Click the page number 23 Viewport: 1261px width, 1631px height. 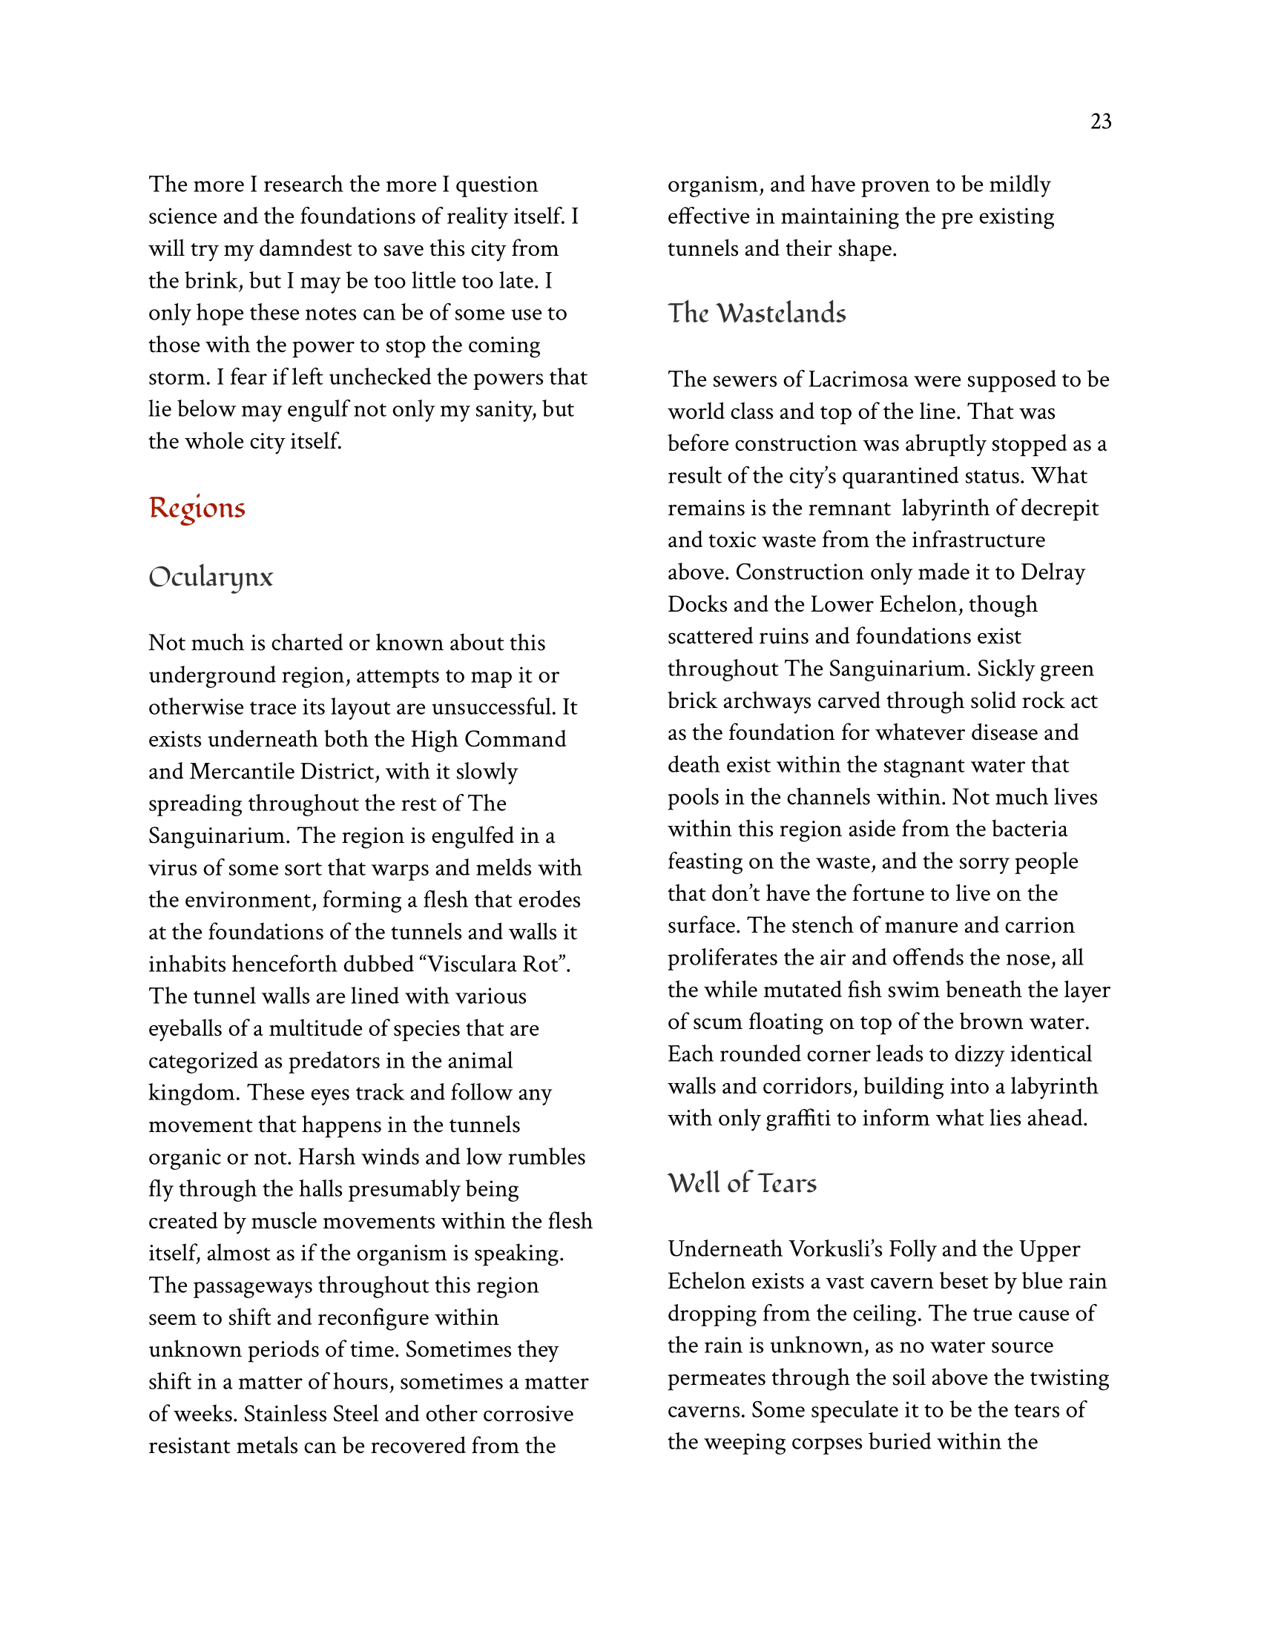pyautogui.click(x=1100, y=122)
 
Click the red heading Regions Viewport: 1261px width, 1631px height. pyautogui.click(x=197, y=509)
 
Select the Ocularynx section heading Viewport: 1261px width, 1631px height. pyautogui.click(x=211, y=578)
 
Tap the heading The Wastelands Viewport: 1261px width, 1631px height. pyautogui.click(x=756, y=314)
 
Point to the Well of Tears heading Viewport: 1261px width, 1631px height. pyautogui.click(x=742, y=1183)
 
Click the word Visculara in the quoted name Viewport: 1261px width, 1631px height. pyautogui.click(x=470, y=964)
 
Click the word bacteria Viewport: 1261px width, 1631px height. pyautogui.click(x=1025, y=829)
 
